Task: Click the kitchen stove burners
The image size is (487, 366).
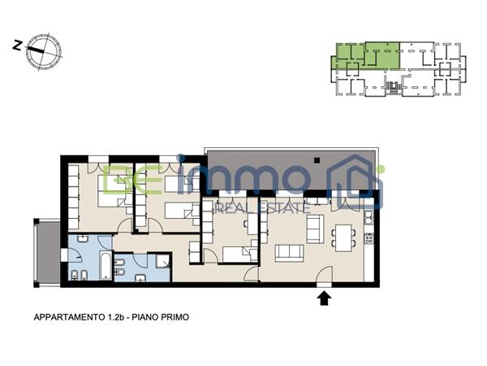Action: [368, 238]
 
